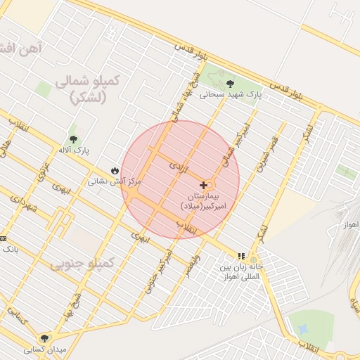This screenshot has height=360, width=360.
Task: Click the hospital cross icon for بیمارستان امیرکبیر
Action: pyautogui.click(x=204, y=185)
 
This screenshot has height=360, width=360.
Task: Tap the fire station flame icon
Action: pyautogui.click(x=115, y=170)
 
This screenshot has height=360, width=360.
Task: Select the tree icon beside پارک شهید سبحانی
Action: pyautogui.click(x=231, y=84)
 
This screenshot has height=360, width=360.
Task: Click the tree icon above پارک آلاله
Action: pyautogui.click(x=73, y=139)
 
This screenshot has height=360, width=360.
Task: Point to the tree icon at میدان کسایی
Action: pyautogui.click(x=45, y=338)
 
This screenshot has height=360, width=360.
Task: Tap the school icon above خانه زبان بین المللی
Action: pyautogui.click(x=241, y=257)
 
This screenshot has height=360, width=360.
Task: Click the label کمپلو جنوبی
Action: pyautogui.click(x=82, y=264)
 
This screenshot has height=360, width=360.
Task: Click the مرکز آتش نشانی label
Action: pyautogui.click(x=115, y=181)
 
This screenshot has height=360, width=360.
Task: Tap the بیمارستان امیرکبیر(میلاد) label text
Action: pyautogui.click(x=205, y=202)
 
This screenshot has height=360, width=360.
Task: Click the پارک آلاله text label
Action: pyautogui.click(x=74, y=150)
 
